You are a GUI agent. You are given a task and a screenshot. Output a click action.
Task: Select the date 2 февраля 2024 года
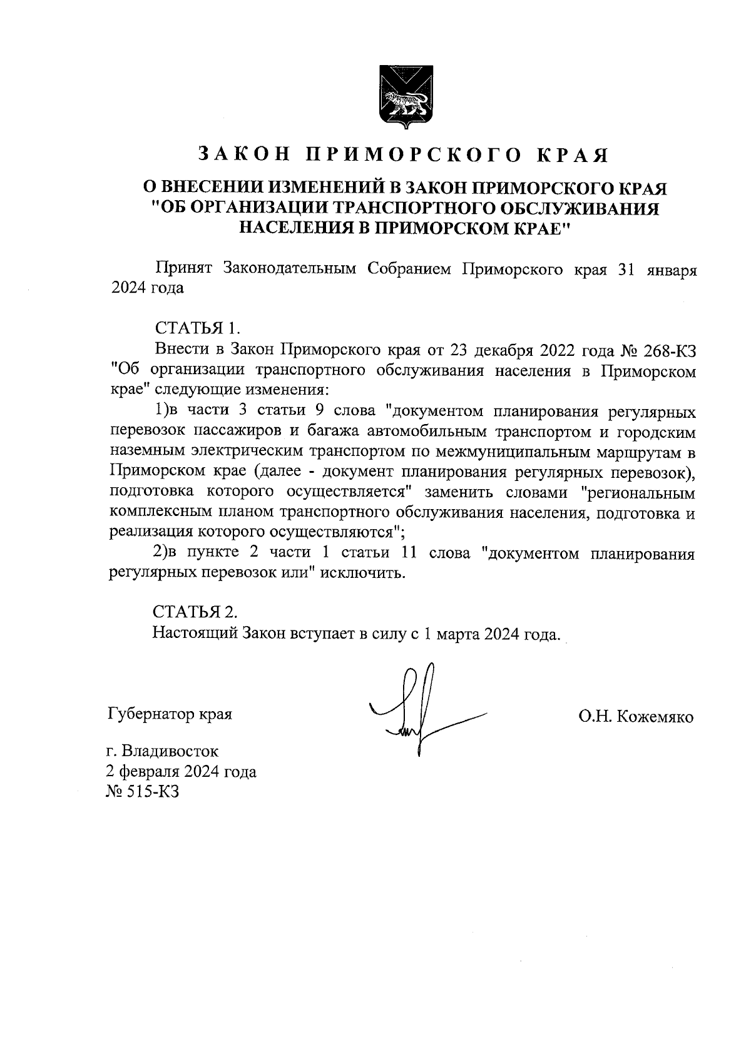(181, 771)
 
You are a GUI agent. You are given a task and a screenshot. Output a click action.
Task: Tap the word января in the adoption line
(671, 269)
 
